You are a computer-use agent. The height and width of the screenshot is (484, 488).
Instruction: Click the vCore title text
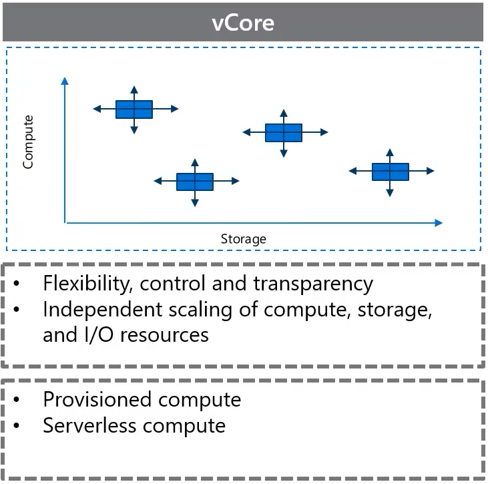pyautogui.click(x=243, y=23)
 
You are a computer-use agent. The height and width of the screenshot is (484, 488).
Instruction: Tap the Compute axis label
pyautogui.click(x=28, y=142)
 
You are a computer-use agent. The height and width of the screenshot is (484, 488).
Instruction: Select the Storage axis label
pyautogui.click(x=244, y=239)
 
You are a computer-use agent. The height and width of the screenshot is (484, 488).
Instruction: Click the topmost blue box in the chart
pyautogui.click(x=134, y=109)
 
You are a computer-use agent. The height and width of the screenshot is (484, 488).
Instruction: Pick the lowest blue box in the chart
pyautogui.click(x=195, y=182)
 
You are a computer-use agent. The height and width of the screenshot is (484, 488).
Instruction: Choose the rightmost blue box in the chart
pyautogui.click(x=391, y=172)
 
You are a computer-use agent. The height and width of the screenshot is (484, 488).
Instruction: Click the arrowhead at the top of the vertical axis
pyautogui.click(x=65, y=81)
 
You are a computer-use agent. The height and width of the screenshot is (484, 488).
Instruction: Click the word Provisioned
pyautogui.click(x=97, y=399)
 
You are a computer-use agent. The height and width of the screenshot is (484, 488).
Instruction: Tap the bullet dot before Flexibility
pyautogui.click(x=17, y=284)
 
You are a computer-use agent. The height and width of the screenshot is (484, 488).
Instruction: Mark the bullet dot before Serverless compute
pyautogui.click(x=17, y=426)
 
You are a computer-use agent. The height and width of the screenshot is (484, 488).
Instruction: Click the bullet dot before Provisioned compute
pyautogui.click(x=17, y=400)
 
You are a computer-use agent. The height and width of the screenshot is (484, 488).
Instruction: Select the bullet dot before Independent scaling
pyautogui.click(x=17, y=310)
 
